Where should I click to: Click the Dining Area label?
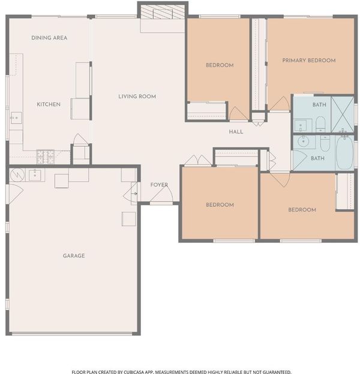pyautogui.click(x=49, y=38)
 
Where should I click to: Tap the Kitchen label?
pyautogui.click(x=49, y=104)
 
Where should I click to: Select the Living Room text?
pyautogui.click(x=137, y=96)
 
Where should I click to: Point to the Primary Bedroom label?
pyautogui.click(x=309, y=61)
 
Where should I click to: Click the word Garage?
pyautogui.click(x=74, y=256)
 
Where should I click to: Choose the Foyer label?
pyautogui.click(x=159, y=185)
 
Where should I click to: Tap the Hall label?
pyautogui.click(x=236, y=132)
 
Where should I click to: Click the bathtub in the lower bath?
pyautogui.click(x=344, y=153)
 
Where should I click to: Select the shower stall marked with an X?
pyautogui.click(x=343, y=114)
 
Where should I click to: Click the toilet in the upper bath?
pyautogui.click(x=320, y=124)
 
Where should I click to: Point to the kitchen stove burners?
pyautogui.click(x=46, y=156)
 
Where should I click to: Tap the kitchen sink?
pyautogui.click(x=16, y=118)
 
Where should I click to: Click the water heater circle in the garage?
pyautogui.click(x=17, y=175)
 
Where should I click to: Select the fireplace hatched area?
pyautogui.click(x=163, y=12)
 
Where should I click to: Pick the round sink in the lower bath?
pyautogui.click(x=304, y=141)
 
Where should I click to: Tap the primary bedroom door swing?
pyautogui.click(x=280, y=104)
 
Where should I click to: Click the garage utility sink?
pyautogui.click(x=35, y=175)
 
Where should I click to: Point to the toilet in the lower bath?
pyautogui.click(x=325, y=144)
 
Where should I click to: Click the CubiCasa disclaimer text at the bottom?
pyautogui.click(x=181, y=372)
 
